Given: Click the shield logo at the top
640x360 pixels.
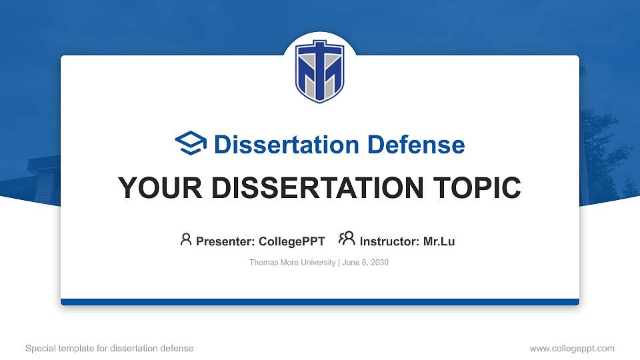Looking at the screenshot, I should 320,71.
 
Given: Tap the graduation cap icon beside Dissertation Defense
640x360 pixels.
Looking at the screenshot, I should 191,144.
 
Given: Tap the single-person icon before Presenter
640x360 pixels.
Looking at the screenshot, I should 186,239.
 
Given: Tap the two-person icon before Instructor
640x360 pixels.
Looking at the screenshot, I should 347,239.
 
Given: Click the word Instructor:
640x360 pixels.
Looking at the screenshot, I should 390,241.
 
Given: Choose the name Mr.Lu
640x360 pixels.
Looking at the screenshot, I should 439,241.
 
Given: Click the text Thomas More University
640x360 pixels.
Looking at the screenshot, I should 292,263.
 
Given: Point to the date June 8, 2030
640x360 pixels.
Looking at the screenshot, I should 366,263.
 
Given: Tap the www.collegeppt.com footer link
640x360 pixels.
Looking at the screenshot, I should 572,348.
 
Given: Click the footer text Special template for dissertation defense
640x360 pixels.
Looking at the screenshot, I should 109,348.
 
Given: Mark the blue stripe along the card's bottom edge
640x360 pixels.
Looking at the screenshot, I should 320,302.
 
